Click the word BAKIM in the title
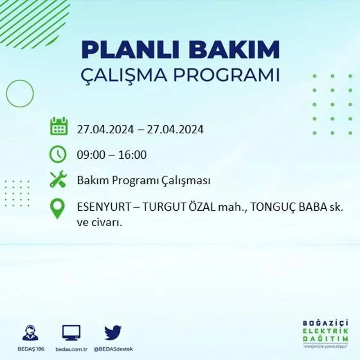pos(234,50)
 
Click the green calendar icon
pos(59,126)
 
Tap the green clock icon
pos(58,154)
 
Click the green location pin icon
pos(57,208)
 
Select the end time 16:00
pos(132,155)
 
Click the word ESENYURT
pos(103,208)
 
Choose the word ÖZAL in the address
pos(199,208)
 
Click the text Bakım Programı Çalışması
pos(144,180)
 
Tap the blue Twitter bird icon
pos(112,333)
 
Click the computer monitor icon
pos(71,333)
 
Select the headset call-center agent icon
pos(30,333)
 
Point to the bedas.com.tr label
pos(72,349)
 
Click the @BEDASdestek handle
pos(113,349)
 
